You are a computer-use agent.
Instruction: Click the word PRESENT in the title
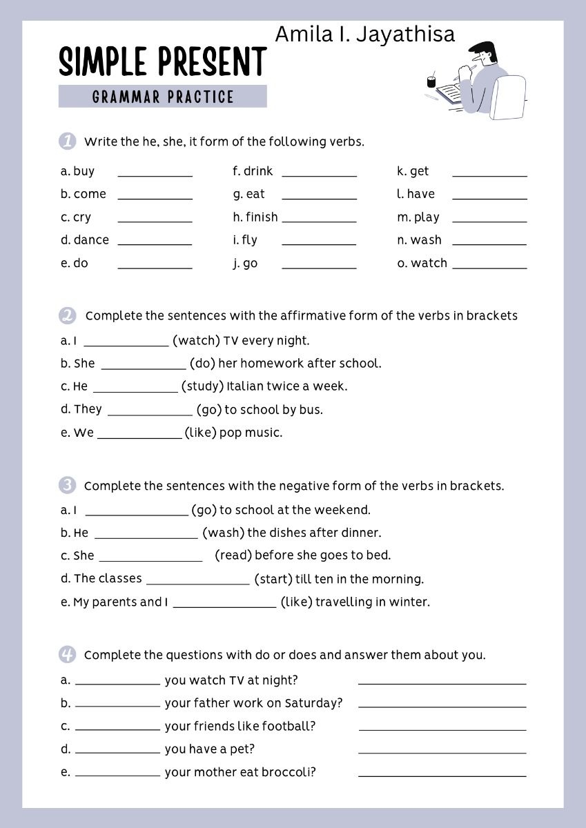click(213, 62)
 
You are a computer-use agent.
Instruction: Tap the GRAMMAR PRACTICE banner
click(163, 97)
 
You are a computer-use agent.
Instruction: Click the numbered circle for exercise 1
click(67, 141)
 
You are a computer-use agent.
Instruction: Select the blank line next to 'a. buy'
click(155, 175)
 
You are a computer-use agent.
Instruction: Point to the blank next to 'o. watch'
click(489, 266)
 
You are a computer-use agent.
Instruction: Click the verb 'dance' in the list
click(91, 240)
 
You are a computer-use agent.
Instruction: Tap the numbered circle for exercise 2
click(67, 316)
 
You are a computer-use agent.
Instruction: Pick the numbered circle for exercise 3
click(67, 486)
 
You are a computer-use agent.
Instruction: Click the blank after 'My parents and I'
click(224, 607)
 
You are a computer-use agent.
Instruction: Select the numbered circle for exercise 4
click(67, 655)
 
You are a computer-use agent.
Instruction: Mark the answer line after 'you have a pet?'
click(442, 752)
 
